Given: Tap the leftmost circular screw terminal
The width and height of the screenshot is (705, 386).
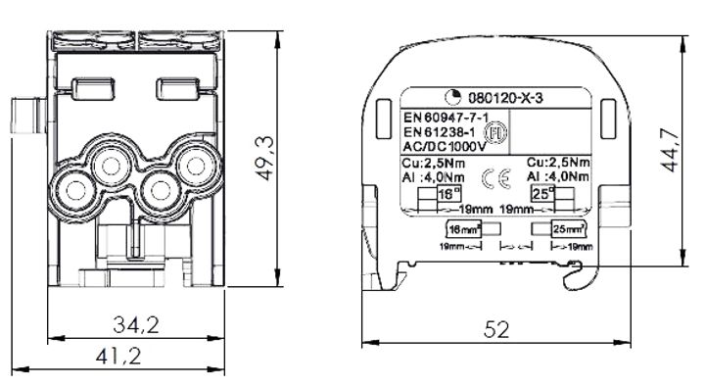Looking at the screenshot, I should click(x=73, y=185).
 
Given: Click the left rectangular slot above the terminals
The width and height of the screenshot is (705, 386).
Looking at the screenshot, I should click(x=87, y=87).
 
